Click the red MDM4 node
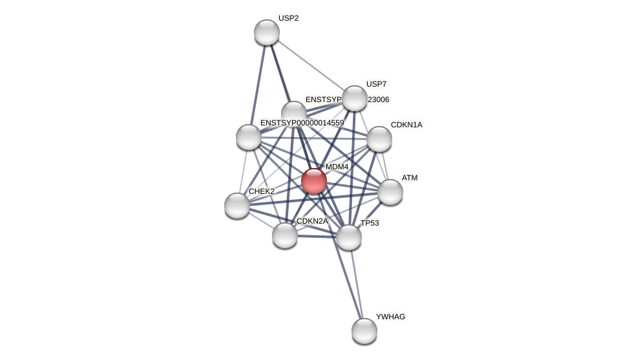pyautogui.click(x=314, y=181)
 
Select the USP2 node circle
pyautogui.click(x=267, y=32)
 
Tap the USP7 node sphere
pyautogui.click(x=355, y=98)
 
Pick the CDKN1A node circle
pyautogui.click(x=379, y=139)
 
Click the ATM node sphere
pyautogui.click(x=390, y=192)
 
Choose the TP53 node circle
pyautogui.click(x=349, y=237)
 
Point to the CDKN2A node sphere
pyautogui.click(x=285, y=235)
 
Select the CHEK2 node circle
pyautogui.click(x=237, y=206)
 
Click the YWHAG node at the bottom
pyautogui.click(x=364, y=331)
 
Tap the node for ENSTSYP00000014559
pyautogui.click(x=249, y=137)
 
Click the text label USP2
pyautogui.click(x=288, y=18)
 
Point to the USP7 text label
pyautogui.click(x=376, y=84)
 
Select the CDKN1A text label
pyautogui.click(x=406, y=125)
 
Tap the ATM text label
pyautogui.click(x=410, y=178)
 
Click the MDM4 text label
pyautogui.click(x=337, y=167)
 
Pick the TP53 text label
pyautogui.click(x=370, y=223)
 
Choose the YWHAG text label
pyautogui.click(x=390, y=317)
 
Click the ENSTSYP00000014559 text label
pyautogui.click(x=302, y=123)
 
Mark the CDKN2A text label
pyautogui.click(x=312, y=221)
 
